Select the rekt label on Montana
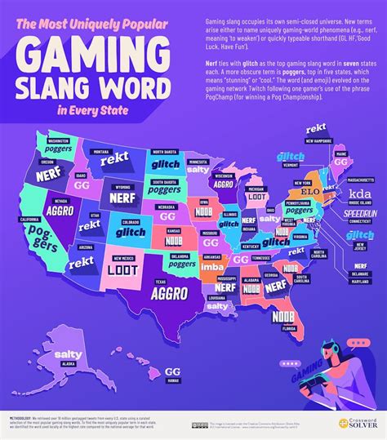pos(113,161)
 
